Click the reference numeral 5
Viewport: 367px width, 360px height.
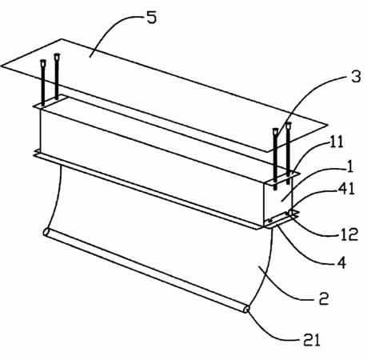(x=151, y=18)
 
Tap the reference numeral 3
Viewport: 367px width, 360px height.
(x=355, y=76)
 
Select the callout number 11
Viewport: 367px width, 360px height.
(x=337, y=142)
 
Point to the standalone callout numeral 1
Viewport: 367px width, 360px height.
(x=351, y=166)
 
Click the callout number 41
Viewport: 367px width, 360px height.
(x=346, y=189)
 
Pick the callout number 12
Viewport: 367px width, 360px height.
(x=349, y=234)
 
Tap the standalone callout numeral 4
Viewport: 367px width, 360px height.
(x=341, y=262)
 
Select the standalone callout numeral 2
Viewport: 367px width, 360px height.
(x=324, y=298)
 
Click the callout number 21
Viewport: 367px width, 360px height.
(x=311, y=340)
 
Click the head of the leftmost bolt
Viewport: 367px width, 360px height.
(x=43, y=63)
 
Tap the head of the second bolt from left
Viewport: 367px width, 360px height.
(x=57, y=56)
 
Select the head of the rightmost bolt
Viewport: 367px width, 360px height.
(x=288, y=125)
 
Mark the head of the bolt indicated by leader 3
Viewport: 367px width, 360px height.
(x=275, y=131)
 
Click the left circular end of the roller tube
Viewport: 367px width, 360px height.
(x=46, y=231)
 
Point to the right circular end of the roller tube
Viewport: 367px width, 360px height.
(x=247, y=309)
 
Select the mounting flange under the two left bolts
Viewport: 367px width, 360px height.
(x=50, y=102)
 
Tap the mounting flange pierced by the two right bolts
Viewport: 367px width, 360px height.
(x=281, y=178)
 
